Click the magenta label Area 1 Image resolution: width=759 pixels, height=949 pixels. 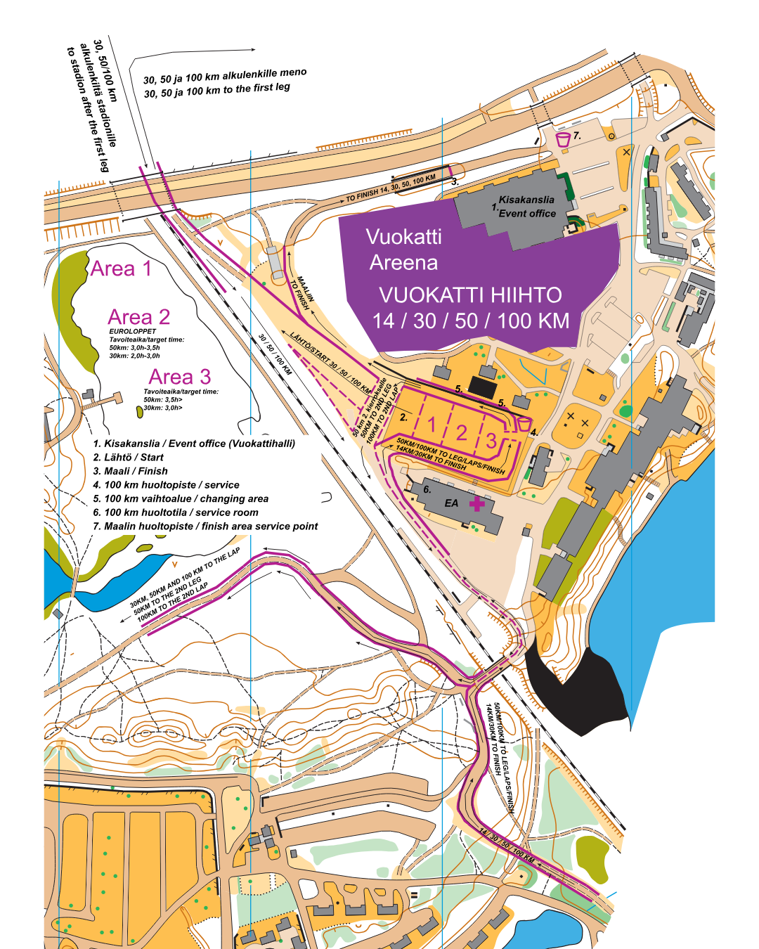121,269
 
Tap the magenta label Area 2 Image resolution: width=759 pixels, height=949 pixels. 139,318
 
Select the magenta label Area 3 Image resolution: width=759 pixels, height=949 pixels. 180,377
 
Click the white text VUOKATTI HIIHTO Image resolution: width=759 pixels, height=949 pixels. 470,295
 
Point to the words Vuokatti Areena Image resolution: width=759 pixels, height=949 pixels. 403,250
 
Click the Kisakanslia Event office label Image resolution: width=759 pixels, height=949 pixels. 526,207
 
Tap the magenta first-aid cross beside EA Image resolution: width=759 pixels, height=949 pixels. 477,504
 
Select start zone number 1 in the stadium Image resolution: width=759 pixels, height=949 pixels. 432,425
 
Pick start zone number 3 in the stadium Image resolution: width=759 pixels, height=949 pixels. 491,441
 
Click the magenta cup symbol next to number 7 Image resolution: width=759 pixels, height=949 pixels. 563,139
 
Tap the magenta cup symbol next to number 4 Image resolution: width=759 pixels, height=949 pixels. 524,424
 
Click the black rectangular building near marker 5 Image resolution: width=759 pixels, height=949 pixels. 483,387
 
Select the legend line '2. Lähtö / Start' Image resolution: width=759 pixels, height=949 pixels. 129,458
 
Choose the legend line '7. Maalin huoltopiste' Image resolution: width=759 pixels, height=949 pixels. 205,527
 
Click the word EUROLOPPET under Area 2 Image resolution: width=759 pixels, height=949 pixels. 133,331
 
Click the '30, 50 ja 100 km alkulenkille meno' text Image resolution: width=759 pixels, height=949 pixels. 225,75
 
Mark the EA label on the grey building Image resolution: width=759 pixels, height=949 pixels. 451,503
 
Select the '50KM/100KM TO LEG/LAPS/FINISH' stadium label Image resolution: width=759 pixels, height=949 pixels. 450,456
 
